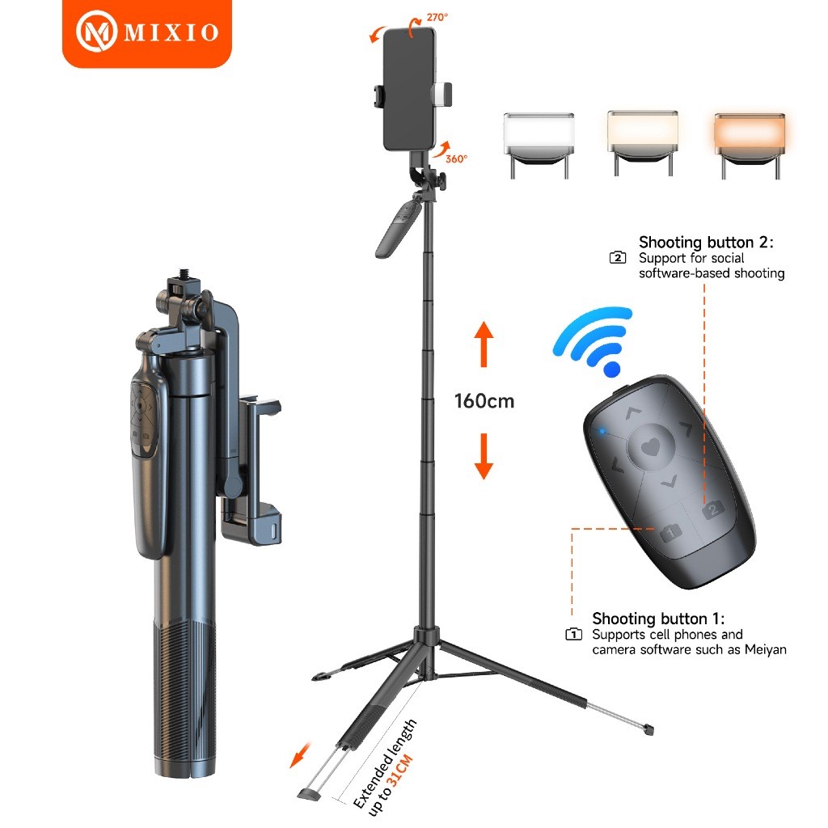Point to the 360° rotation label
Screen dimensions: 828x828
tap(455, 159)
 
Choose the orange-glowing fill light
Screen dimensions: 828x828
tap(750, 130)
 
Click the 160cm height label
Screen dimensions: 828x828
tap(484, 400)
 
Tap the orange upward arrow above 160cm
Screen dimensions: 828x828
tap(484, 343)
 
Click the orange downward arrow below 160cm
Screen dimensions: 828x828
tap(484, 456)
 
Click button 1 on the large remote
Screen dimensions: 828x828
tap(670, 531)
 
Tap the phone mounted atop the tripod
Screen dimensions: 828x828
tap(408, 89)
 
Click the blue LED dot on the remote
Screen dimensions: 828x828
tap(602, 430)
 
